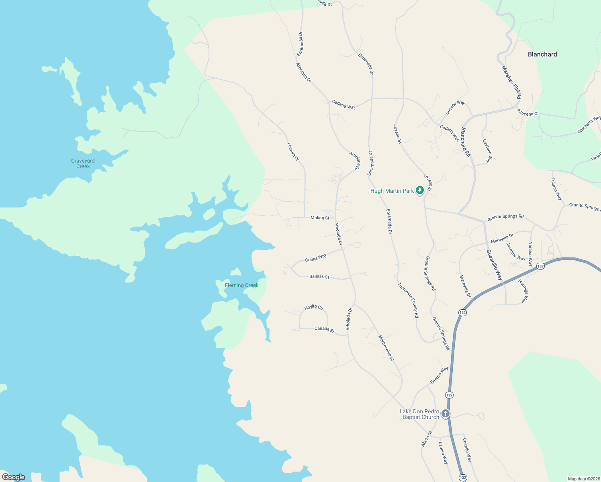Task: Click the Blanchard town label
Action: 542,54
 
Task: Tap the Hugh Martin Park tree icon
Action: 420,190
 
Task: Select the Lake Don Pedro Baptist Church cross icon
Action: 445,413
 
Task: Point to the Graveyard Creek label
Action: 83,163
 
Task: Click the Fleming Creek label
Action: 241,285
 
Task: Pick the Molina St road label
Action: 320,218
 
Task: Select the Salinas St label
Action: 319,276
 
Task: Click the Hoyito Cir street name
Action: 314,307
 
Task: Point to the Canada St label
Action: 324,329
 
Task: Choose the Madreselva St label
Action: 386,348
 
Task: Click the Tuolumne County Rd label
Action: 408,300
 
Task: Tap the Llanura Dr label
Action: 293,152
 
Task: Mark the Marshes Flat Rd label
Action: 511,82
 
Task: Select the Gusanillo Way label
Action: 494,265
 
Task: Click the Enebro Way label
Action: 439,375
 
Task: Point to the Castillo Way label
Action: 467,450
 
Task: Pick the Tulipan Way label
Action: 556,189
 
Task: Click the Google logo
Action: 14,477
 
